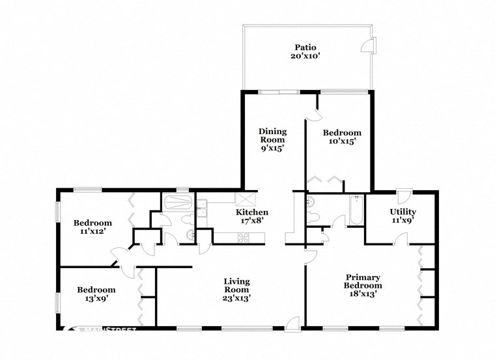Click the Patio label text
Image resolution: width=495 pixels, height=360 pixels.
305,47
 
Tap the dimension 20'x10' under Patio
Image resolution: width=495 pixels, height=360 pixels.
305,57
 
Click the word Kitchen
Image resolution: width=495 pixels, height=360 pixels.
251,212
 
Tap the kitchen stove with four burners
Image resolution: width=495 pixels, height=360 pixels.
244,238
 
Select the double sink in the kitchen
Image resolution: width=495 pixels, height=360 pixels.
202,209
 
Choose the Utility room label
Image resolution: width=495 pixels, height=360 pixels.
403,212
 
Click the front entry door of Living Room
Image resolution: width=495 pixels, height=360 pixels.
294,322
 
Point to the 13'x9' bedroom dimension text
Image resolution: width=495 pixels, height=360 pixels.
96,299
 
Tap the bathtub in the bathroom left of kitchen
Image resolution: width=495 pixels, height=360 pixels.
177,201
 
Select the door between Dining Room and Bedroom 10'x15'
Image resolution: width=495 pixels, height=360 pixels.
314,114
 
